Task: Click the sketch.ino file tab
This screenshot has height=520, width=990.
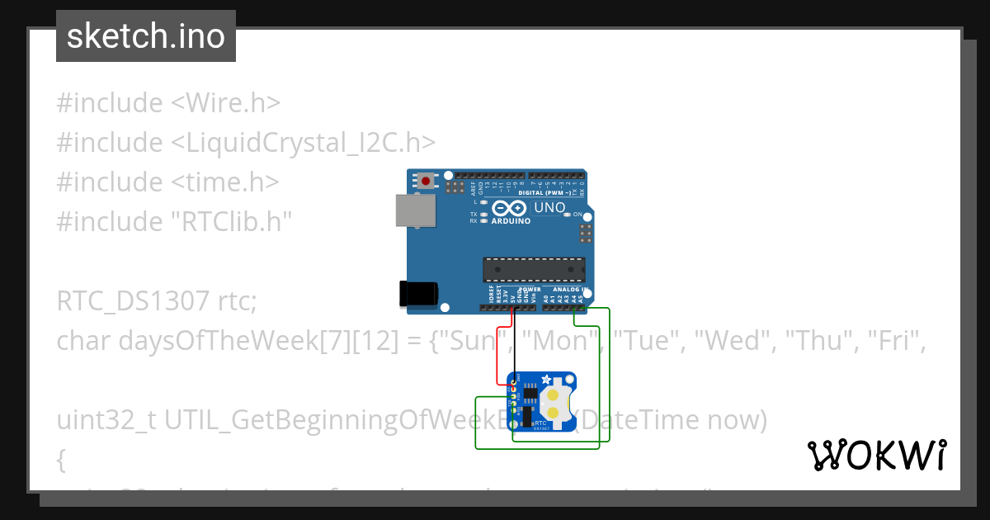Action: click(146, 36)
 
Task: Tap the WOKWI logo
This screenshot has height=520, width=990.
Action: click(876, 455)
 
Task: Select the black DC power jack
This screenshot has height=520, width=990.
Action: click(419, 295)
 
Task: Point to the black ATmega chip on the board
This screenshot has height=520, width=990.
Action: click(533, 270)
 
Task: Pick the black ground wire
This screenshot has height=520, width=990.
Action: click(515, 347)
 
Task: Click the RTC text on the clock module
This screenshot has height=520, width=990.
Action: click(540, 421)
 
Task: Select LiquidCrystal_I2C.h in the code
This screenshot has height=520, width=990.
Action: click(303, 143)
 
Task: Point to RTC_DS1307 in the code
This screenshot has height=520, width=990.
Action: click(133, 301)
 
